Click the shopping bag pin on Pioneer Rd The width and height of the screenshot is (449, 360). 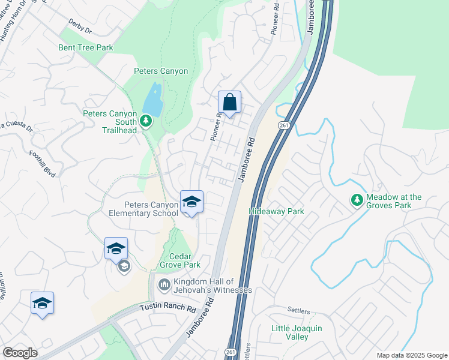pyautogui.click(x=229, y=103)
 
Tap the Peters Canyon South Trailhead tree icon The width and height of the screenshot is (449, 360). pyautogui.click(x=145, y=122)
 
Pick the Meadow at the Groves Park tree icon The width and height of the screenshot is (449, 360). pyautogui.click(x=357, y=200)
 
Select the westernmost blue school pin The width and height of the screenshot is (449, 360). pyautogui.click(x=42, y=304)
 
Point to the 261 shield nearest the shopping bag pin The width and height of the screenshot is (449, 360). pyautogui.click(x=283, y=124)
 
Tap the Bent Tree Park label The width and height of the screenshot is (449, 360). pyautogui.click(x=86, y=47)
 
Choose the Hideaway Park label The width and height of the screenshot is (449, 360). pyautogui.click(x=277, y=212)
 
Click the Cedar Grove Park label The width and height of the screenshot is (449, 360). pyautogui.click(x=179, y=260)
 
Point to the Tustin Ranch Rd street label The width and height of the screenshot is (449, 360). pyautogui.click(x=168, y=308)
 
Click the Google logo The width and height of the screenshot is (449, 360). pyautogui.click(x=20, y=353)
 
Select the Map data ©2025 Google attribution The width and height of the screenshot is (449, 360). pyautogui.click(x=411, y=355)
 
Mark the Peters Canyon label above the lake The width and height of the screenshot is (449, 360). pyautogui.click(x=160, y=71)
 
